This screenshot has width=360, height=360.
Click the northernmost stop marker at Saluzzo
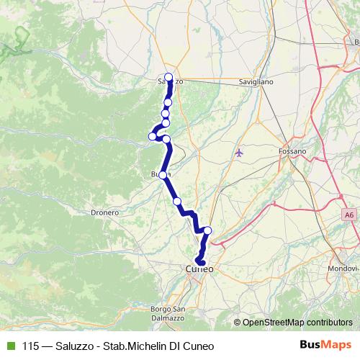(x=168, y=78)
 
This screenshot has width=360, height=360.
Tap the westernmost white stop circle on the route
(x=153, y=136)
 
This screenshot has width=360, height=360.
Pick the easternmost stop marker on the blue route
(x=208, y=230)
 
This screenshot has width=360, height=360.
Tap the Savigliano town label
(x=256, y=83)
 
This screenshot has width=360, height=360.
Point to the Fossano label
(x=292, y=151)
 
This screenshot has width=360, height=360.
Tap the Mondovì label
(x=347, y=267)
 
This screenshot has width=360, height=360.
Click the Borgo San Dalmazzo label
(x=169, y=313)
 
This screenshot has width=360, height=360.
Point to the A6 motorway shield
(x=349, y=214)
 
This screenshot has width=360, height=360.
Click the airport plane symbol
(x=240, y=153)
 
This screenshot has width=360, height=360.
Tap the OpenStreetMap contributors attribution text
(x=297, y=322)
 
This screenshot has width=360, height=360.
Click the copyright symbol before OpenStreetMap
(x=237, y=322)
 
